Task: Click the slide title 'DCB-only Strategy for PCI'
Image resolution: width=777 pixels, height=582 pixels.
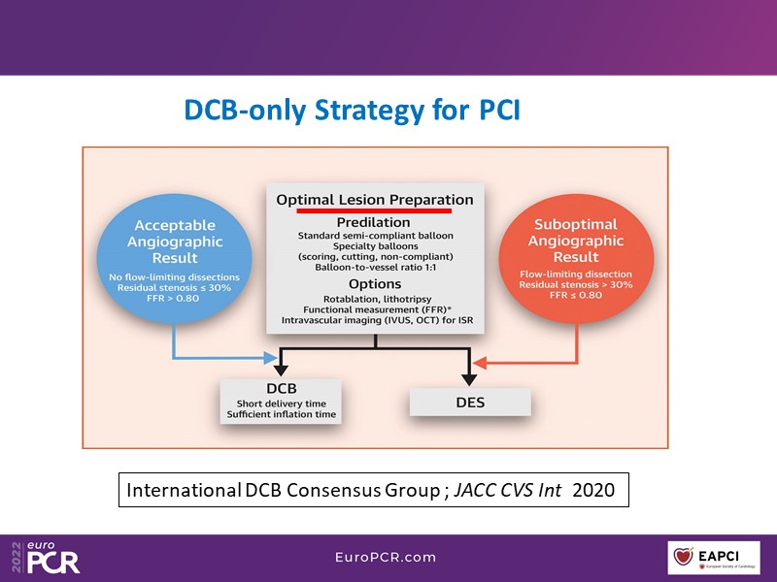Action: (352, 110)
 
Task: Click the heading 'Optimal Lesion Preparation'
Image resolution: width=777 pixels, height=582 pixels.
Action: (375, 199)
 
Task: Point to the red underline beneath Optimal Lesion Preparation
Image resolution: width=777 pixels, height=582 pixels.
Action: (375, 209)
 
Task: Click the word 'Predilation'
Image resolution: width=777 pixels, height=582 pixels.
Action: (374, 222)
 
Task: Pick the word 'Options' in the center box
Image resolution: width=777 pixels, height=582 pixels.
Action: (374, 284)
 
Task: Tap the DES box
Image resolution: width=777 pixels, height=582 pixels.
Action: (470, 402)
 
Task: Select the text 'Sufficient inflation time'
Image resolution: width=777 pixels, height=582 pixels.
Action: (281, 415)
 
